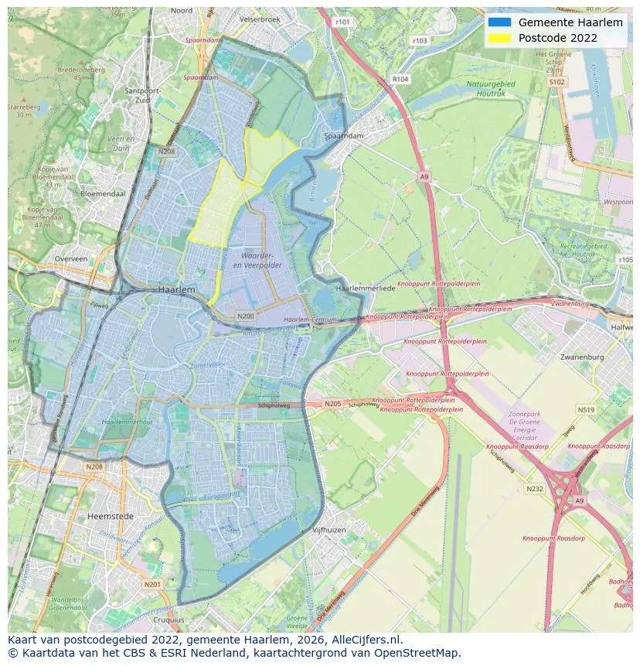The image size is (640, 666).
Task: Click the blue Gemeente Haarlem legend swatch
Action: tap(500, 22)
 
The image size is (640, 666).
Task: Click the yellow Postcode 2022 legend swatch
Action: tap(500, 38)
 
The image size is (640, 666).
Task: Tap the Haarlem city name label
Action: tap(176, 289)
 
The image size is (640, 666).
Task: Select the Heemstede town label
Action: tap(111, 516)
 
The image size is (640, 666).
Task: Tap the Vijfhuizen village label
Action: tap(329, 530)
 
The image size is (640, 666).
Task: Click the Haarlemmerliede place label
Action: tap(366, 288)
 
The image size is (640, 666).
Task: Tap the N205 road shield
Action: tap(332, 404)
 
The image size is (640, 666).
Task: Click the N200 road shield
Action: tap(246, 316)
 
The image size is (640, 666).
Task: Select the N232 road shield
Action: tap(534, 488)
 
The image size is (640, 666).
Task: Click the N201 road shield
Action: tap(152, 584)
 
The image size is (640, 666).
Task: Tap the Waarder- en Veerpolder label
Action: tap(260, 260)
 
